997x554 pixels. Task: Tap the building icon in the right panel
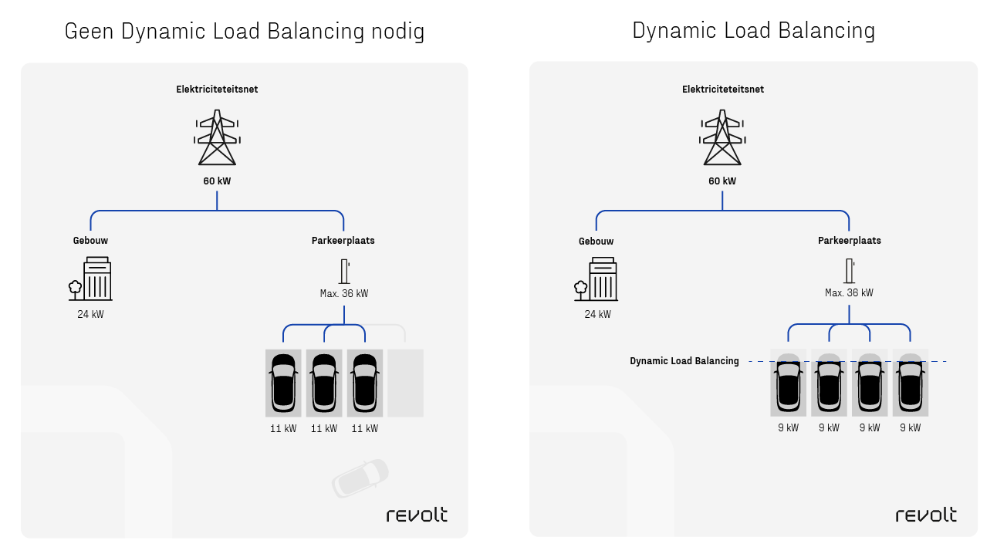click(598, 279)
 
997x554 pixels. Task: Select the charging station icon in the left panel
click(344, 272)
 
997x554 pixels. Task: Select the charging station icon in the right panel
click(850, 272)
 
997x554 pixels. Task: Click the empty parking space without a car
click(405, 383)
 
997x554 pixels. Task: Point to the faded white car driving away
click(360, 478)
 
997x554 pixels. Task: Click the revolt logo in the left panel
click(417, 515)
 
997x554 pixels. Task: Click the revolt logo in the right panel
click(926, 515)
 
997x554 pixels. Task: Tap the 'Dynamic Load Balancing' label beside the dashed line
click(684, 361)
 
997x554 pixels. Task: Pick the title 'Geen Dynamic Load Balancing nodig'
click(245, 32)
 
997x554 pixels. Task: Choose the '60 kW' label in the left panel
click(217, 181)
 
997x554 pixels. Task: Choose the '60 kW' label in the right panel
click(722, 181)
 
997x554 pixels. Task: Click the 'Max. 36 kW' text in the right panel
click(849, 293)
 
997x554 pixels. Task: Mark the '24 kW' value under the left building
click(90, 314)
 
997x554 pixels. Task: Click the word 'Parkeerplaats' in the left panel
click(343, 241)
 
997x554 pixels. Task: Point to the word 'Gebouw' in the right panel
click(597, 242)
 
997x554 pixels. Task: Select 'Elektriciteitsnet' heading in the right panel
click(723, 90)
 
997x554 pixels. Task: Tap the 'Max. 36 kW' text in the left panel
click(344, 293)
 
